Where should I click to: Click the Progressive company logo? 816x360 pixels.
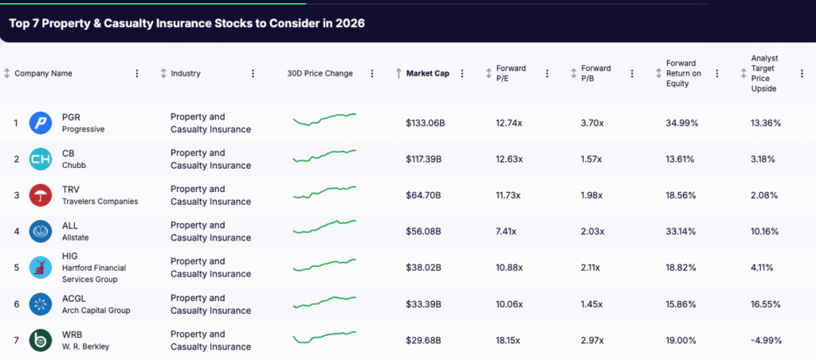pos(40,123)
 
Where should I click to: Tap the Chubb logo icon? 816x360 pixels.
pos(40,159)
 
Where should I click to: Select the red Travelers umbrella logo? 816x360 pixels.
pos(40,195)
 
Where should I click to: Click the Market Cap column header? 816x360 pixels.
pos(427,73)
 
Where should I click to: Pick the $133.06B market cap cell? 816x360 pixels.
pos(426,123)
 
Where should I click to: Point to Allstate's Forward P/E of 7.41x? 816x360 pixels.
pos(506,231)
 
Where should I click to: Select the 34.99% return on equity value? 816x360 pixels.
pos(682,123)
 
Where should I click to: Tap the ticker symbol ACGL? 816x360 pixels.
pos(73,298)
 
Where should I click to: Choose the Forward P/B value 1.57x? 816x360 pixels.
pos(592,159)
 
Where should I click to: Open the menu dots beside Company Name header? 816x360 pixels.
pos(137,73)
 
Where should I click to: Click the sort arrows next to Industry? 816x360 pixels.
pos(163,73)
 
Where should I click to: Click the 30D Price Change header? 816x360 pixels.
pos(320,73)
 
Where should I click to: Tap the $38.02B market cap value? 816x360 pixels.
pos(424,268)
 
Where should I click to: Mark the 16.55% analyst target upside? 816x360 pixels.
pos(766,304)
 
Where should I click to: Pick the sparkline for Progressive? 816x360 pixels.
pos(324,119)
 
